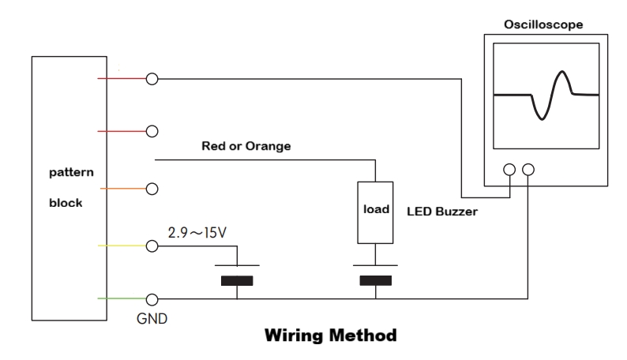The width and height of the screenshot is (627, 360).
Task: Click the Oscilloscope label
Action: point(543,24)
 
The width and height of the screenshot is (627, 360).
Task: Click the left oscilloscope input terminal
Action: point(510,170)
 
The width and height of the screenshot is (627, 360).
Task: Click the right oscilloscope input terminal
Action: point(528,170)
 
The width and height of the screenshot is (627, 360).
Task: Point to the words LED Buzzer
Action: point(442,212)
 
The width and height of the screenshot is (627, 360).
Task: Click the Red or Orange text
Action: point(246,146)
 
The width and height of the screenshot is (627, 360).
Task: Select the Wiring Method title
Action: point(330,336)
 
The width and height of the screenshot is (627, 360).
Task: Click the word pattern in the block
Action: point(72,171)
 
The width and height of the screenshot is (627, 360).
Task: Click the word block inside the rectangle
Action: point(66,202)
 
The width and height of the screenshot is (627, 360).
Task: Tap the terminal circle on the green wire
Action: point(152,299)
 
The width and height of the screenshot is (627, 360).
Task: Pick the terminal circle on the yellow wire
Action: point(152,246)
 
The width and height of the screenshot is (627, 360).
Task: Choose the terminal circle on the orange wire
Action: point(152,189)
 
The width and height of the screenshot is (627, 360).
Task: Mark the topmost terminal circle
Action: point(152,79)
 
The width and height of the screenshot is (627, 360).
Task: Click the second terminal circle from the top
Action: point(152,130)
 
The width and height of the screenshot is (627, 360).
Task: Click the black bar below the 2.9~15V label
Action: point(237,280)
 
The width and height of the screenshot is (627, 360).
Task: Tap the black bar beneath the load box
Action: point(375,280)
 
